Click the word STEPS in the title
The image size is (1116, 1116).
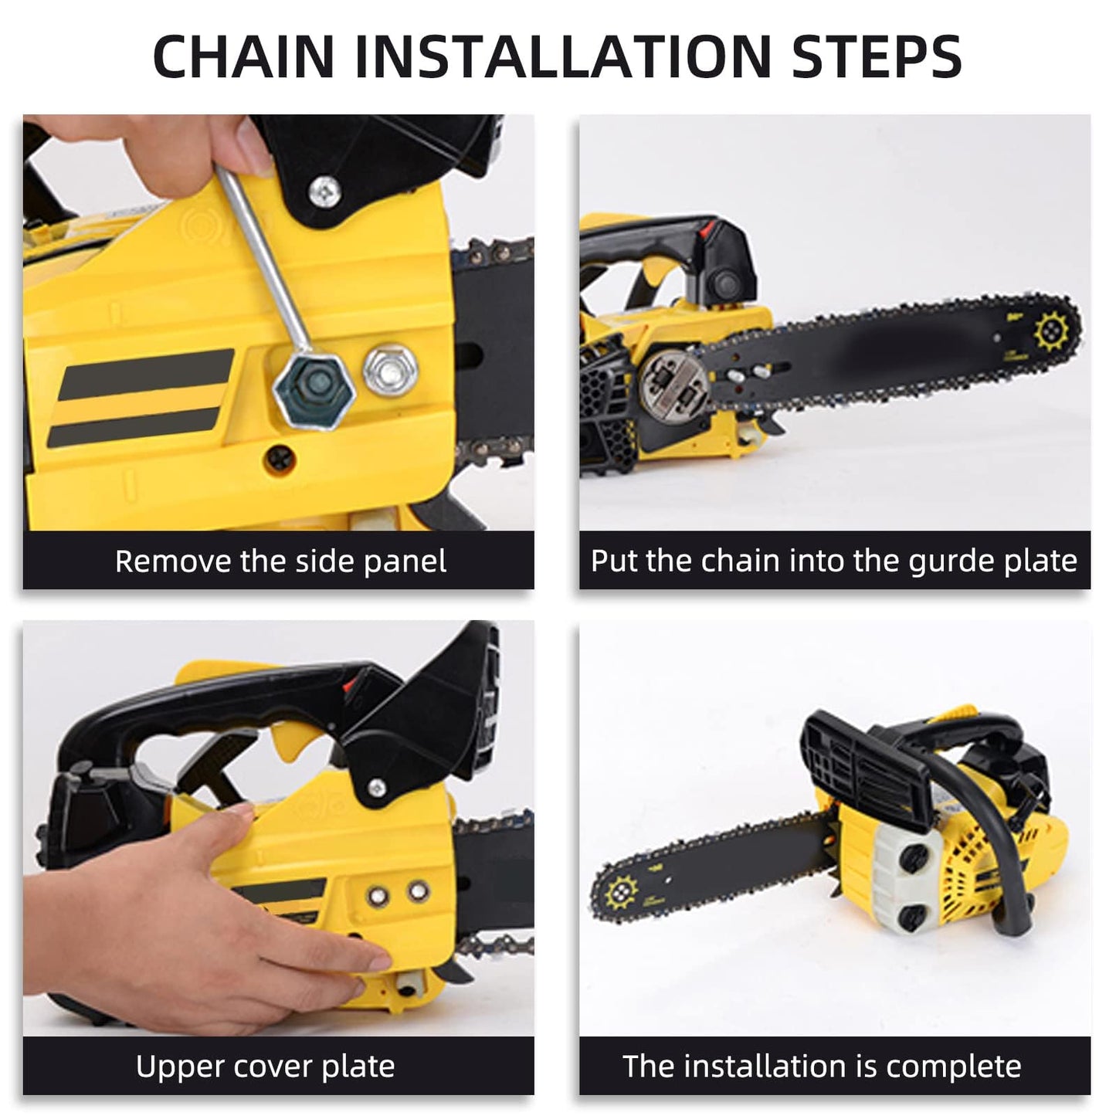877,56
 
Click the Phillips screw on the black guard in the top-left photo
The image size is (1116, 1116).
324,190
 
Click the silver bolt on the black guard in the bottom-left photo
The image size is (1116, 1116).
377,786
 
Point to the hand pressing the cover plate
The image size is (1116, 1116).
193,904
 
